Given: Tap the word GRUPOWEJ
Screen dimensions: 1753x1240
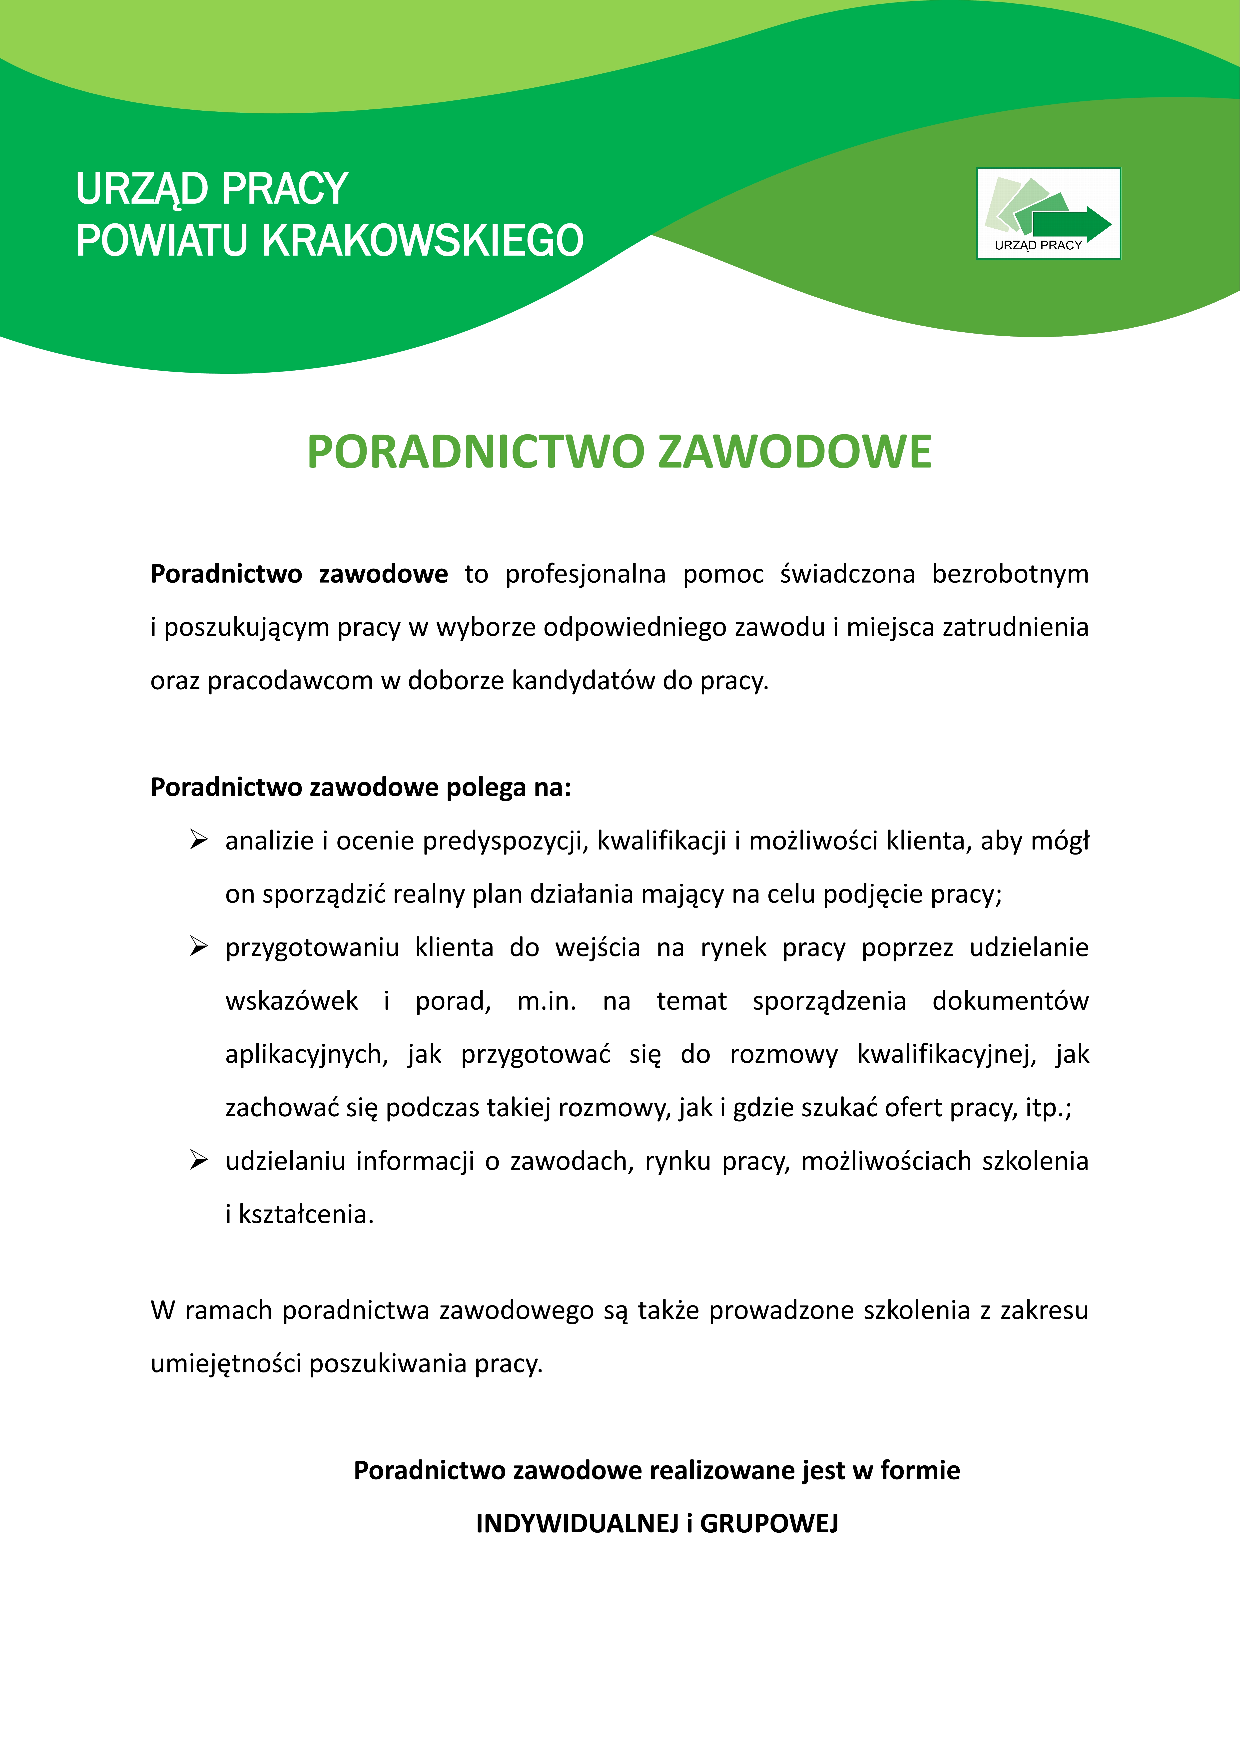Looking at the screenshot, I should tap(769, 1523).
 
